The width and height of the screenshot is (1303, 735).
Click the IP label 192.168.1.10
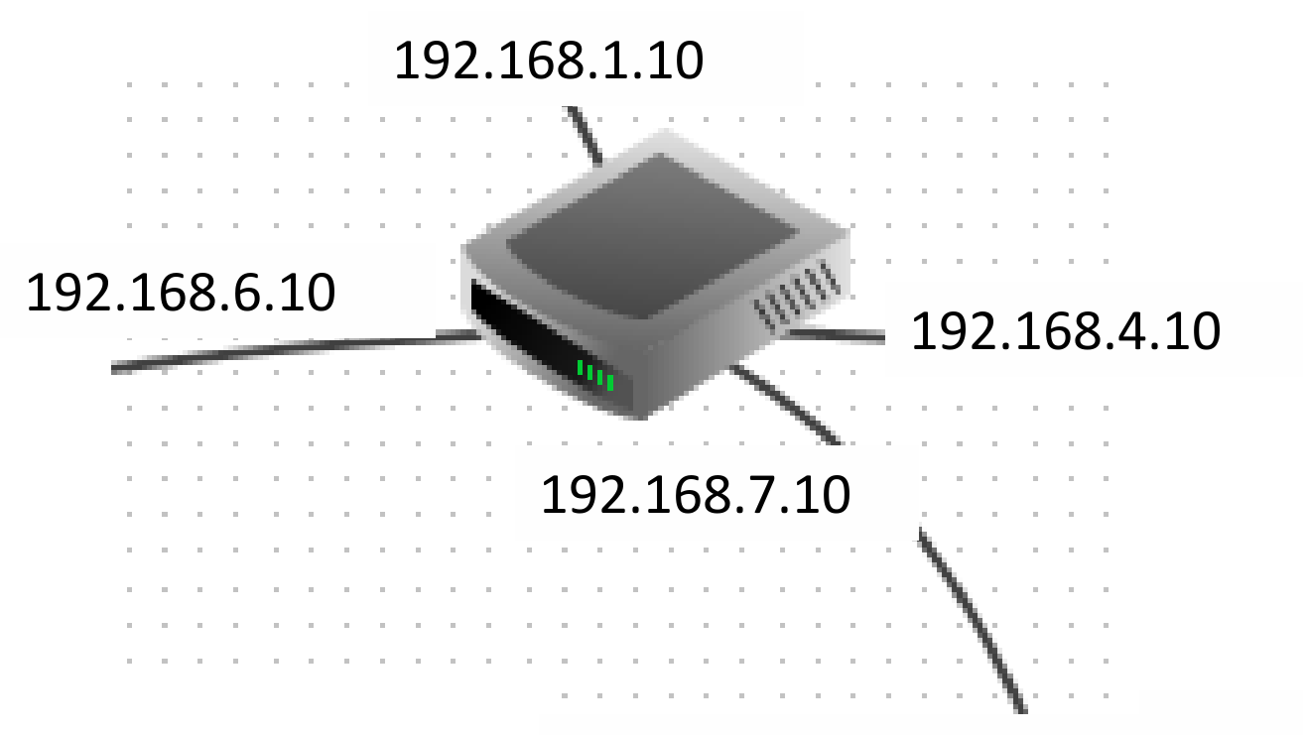(549, 61)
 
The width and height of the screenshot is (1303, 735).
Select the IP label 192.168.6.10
(181, 293)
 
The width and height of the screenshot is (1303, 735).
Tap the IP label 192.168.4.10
(1066, 331)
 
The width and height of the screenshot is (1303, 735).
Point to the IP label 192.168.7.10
(696, 494)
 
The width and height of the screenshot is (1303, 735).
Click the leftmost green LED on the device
(580, 367)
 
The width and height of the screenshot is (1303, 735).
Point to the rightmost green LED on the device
(610, 383)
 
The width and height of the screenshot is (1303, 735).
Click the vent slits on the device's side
(798, 296)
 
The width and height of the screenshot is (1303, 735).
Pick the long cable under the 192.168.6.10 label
(296, 351)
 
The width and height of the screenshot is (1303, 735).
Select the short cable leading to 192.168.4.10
(835, 335)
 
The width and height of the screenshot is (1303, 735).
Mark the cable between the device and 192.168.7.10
(785, 404)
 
